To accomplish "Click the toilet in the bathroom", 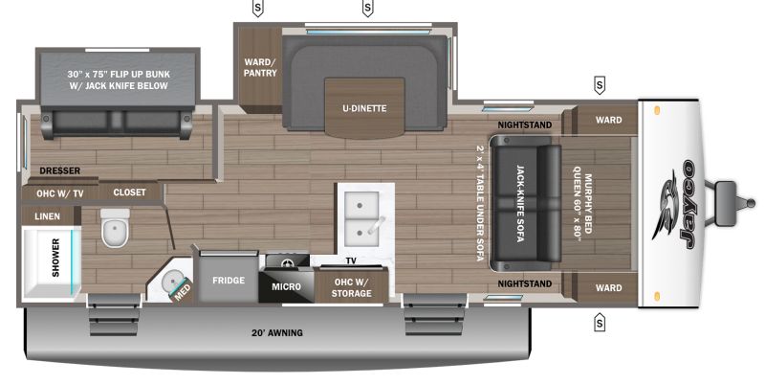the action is pos(115,227).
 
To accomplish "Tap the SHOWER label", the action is pos(55,258).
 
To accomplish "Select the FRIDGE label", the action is pos(229,281).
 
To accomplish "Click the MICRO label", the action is pos(286,286).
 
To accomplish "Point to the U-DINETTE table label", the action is pos(364,108).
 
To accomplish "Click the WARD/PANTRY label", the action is pos(260,67).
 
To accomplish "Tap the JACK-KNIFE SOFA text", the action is pos(521,203).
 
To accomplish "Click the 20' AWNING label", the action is pos(277,332).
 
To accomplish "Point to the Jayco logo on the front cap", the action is pos(678,203).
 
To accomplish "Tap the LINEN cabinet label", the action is pos(47,215).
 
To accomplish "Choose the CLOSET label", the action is pos(129,192).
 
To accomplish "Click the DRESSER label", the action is pos(59,171).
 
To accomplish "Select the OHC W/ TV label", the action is pos(60,194).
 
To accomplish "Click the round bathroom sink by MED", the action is pos(172,282).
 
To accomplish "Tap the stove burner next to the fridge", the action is pos(287,263).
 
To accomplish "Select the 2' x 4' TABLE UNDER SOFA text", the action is pos(479,203).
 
